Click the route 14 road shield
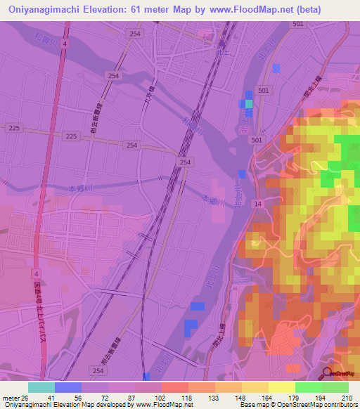point(258,203)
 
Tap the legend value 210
point(346,397)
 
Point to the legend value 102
point(161,397)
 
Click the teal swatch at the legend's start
point(41,387)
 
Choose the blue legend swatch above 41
point(68,387)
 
